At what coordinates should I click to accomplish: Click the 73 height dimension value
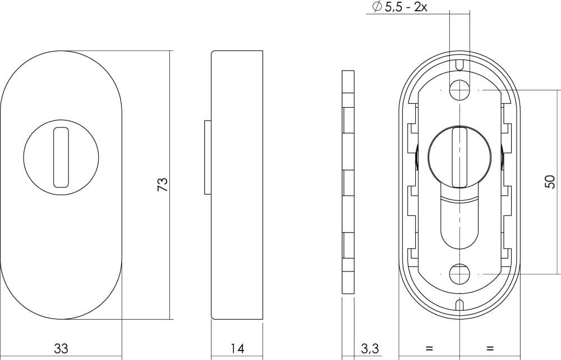click(x=163, y=184)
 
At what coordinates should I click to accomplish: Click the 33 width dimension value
click(x=61, y=348)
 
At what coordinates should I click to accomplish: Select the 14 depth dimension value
click(x=237, y=348)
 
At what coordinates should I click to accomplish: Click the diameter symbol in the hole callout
click(x=376, y=8)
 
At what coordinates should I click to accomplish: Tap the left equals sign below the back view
click(x=429, y=348)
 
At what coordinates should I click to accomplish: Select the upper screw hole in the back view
click(x=459, y=89)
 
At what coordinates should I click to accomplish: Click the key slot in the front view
click(x=60, y=156)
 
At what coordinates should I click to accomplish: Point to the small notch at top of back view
click(x=459, y=64)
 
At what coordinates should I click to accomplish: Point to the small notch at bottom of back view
click(x=459, y=306)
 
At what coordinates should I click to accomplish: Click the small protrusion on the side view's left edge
click(x=207, y=156)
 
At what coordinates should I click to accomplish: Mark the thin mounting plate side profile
click(x=348, y=182)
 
